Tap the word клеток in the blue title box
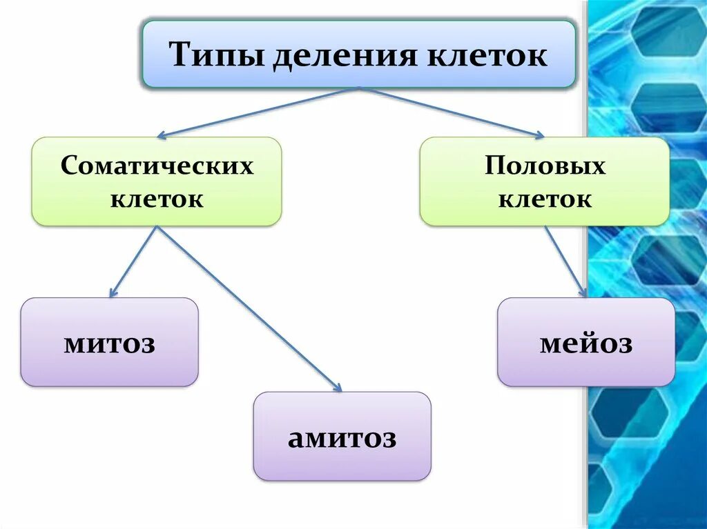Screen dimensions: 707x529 [488, 55]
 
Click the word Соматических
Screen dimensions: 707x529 [157, 166]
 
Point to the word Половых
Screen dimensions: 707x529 [545, 166]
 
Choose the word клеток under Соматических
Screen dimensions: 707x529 [157, 200]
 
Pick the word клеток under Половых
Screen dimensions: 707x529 [545, 200]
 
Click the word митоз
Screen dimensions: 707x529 [110, 343]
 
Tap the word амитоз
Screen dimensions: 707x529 [342, 438]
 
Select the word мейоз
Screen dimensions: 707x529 [586, 343]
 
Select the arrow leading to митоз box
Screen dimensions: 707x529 [135, 262]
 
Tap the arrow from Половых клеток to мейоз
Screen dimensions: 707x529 [566, 262]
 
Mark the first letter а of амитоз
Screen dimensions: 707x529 [296, 439]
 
